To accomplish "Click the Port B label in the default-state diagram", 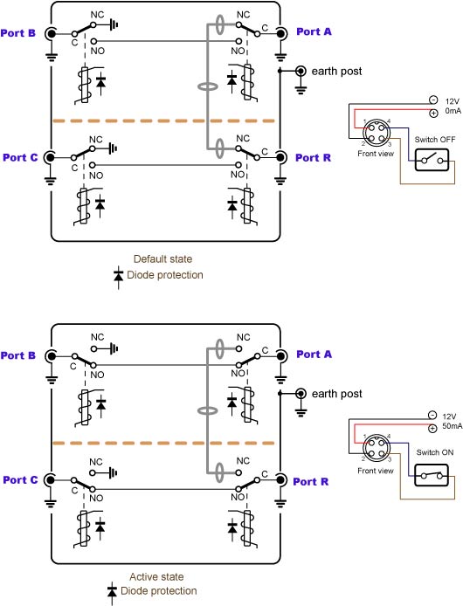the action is tap(17, 33).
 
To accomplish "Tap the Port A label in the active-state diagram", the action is tap(314, 355).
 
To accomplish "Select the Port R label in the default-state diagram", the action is tap(313, 158).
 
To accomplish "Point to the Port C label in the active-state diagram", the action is tap(20, 480).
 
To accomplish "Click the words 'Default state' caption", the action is tap(162, 259).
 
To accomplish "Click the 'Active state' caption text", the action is tap(156, 577).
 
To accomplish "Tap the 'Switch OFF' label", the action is tap(435, 140).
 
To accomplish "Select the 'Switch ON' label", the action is tap(435, 452).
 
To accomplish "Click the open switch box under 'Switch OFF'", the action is tap(432, 160).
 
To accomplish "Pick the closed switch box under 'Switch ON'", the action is tap(432, 475).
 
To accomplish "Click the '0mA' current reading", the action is tap(453, 111).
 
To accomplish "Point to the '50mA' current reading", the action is tap(453, 426).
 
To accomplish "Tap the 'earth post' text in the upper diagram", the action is tap(336, 71).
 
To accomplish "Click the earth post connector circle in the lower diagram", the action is tap(301, 394).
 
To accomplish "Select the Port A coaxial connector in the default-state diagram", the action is tap(281, 34).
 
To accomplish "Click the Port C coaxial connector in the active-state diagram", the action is tap(50, 480).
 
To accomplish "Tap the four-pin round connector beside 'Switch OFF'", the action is tap(376, 132).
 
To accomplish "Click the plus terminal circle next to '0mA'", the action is tap(433, 114).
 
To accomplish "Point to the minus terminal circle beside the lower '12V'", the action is tap(432, 416).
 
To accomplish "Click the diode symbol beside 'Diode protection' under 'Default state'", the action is tap(118, 277).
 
